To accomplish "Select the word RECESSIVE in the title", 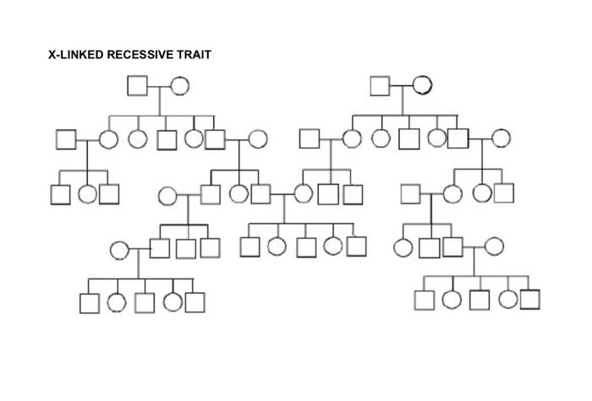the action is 142,55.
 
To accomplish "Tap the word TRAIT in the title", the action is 195,55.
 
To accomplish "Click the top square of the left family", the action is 138,85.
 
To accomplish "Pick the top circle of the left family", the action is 179,85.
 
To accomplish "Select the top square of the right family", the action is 380,85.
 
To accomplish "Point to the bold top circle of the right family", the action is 422,85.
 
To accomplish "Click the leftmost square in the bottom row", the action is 90,302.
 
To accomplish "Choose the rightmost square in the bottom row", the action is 530,299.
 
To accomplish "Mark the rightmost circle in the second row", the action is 501,138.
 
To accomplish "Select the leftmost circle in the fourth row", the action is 119,249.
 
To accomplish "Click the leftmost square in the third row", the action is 60,194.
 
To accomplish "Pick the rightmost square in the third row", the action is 504,193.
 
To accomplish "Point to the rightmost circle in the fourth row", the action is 494,247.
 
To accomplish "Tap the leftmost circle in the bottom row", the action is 118,302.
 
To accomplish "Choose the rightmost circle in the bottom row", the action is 507,299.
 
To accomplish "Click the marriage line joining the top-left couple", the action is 159,85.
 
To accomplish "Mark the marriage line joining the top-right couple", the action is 401,85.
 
